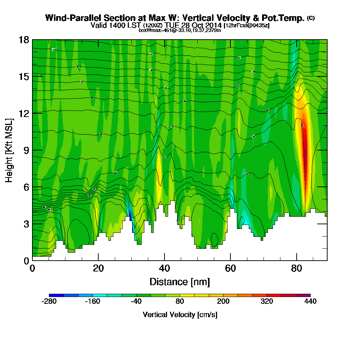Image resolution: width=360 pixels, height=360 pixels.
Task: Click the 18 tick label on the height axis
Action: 24,40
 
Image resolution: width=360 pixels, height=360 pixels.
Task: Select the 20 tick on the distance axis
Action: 98,260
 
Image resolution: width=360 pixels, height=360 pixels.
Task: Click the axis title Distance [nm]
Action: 180,282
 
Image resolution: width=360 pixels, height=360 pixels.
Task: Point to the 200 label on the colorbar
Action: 223,302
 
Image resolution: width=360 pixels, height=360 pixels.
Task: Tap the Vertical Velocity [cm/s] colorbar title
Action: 180,315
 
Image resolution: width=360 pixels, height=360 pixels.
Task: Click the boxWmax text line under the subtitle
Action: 180,30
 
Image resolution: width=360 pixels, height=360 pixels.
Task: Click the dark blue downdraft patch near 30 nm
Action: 130,216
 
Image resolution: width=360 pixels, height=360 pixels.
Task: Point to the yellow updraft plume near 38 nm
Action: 158,169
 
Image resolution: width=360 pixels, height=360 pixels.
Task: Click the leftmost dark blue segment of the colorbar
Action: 56,295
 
